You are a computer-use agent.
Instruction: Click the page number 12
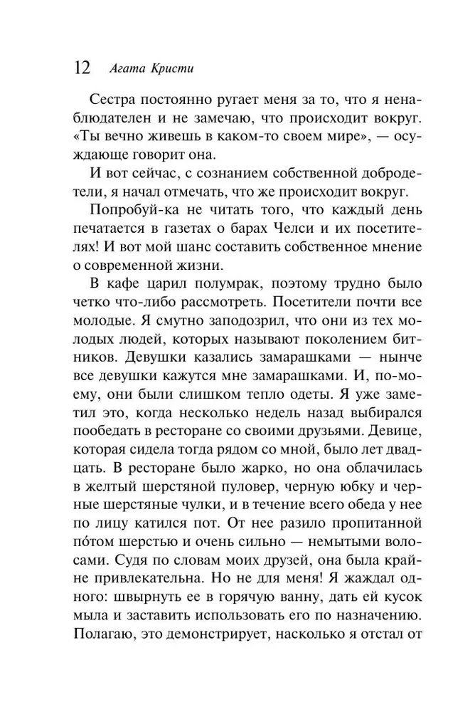tap(81, 68)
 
